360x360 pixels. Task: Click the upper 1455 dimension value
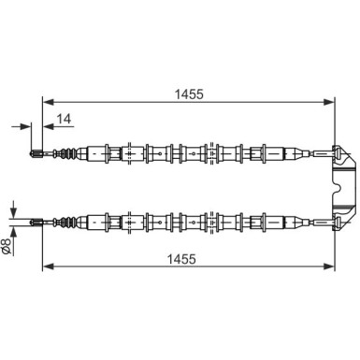click(x=189, y=94)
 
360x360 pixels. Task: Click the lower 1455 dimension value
click(x=181, y=259)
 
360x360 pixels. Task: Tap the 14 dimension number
click(x=64, y=119)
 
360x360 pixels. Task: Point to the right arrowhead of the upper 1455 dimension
click(x=329, y=102)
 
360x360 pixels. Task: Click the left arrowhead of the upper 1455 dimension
click(x=48, y=102)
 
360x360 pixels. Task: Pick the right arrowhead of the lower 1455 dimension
click(x=329, y=266)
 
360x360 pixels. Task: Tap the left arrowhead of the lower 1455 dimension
click(x=48, y=266)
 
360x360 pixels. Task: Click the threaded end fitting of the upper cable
click(x=36, y=153)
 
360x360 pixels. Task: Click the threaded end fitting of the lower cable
click(x=36, y=222)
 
